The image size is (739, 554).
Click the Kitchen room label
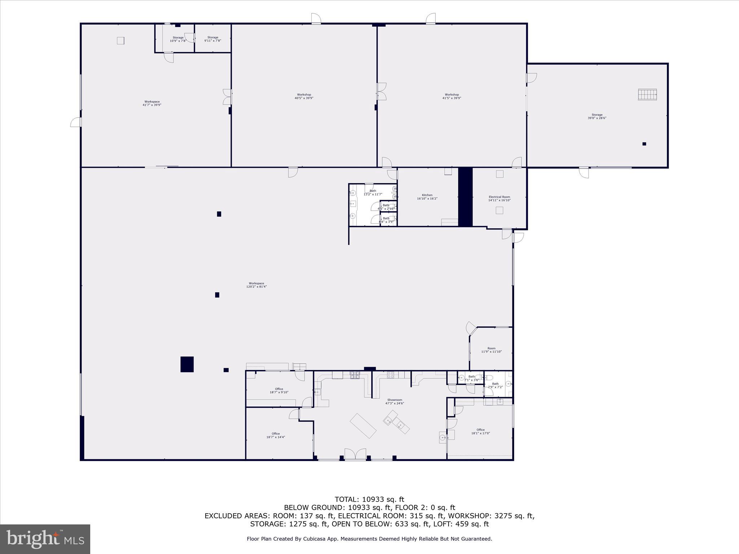click(427, 197)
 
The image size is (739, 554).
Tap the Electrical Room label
click(499, 199)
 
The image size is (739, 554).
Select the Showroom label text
click(395, 401)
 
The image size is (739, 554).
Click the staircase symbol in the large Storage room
click(647, 94)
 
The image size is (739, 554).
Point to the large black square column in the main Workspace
click(187, 364)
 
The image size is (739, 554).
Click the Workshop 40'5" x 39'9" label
click(304, 96)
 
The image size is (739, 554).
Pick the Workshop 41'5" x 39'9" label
click(452, 96)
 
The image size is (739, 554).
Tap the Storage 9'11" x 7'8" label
click(213, 39)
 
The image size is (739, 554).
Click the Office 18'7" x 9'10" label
click(279, 391)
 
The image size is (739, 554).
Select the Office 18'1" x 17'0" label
click(481, 431)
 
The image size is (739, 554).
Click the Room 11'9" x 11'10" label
click(491, 350)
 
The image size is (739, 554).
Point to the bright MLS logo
click(45, 539)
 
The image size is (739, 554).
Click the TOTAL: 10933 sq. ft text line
click(369, 500)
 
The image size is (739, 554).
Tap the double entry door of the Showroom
click(355, 454)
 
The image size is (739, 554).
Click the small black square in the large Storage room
click(644, 144)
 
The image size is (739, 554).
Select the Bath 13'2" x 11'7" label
click(373, 193)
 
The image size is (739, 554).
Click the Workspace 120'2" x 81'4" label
click(256, 285)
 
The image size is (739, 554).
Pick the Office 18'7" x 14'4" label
click(276, 435)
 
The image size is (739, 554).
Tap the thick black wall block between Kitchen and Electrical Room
click(465, 197)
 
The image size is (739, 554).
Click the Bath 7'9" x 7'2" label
click(495, 385)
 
